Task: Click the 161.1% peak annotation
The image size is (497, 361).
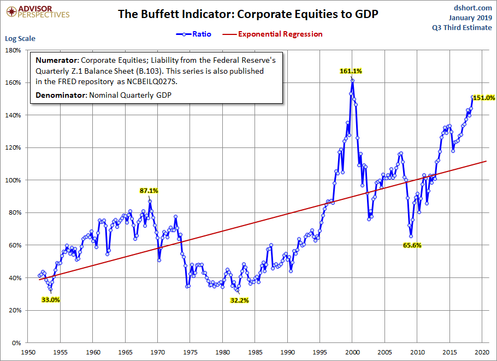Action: (350, 71)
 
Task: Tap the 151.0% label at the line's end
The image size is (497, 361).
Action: (484, 98)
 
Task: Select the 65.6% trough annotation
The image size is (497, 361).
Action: (412, 245)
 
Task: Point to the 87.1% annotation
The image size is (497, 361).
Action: (149, 191)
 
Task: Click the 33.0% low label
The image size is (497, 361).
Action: (51, 299)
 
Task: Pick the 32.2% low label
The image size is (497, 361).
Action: (239, 300)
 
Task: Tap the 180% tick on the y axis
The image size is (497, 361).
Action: (13, 50)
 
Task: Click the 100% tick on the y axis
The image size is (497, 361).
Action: (13, 180)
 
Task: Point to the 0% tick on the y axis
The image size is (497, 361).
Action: (15, 343)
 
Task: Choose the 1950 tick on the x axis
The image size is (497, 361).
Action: (28, 353)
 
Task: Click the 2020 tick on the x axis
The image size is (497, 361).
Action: (481, 353)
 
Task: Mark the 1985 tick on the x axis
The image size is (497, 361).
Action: (255, 353)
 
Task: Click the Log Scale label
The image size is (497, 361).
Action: (20, 39)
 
